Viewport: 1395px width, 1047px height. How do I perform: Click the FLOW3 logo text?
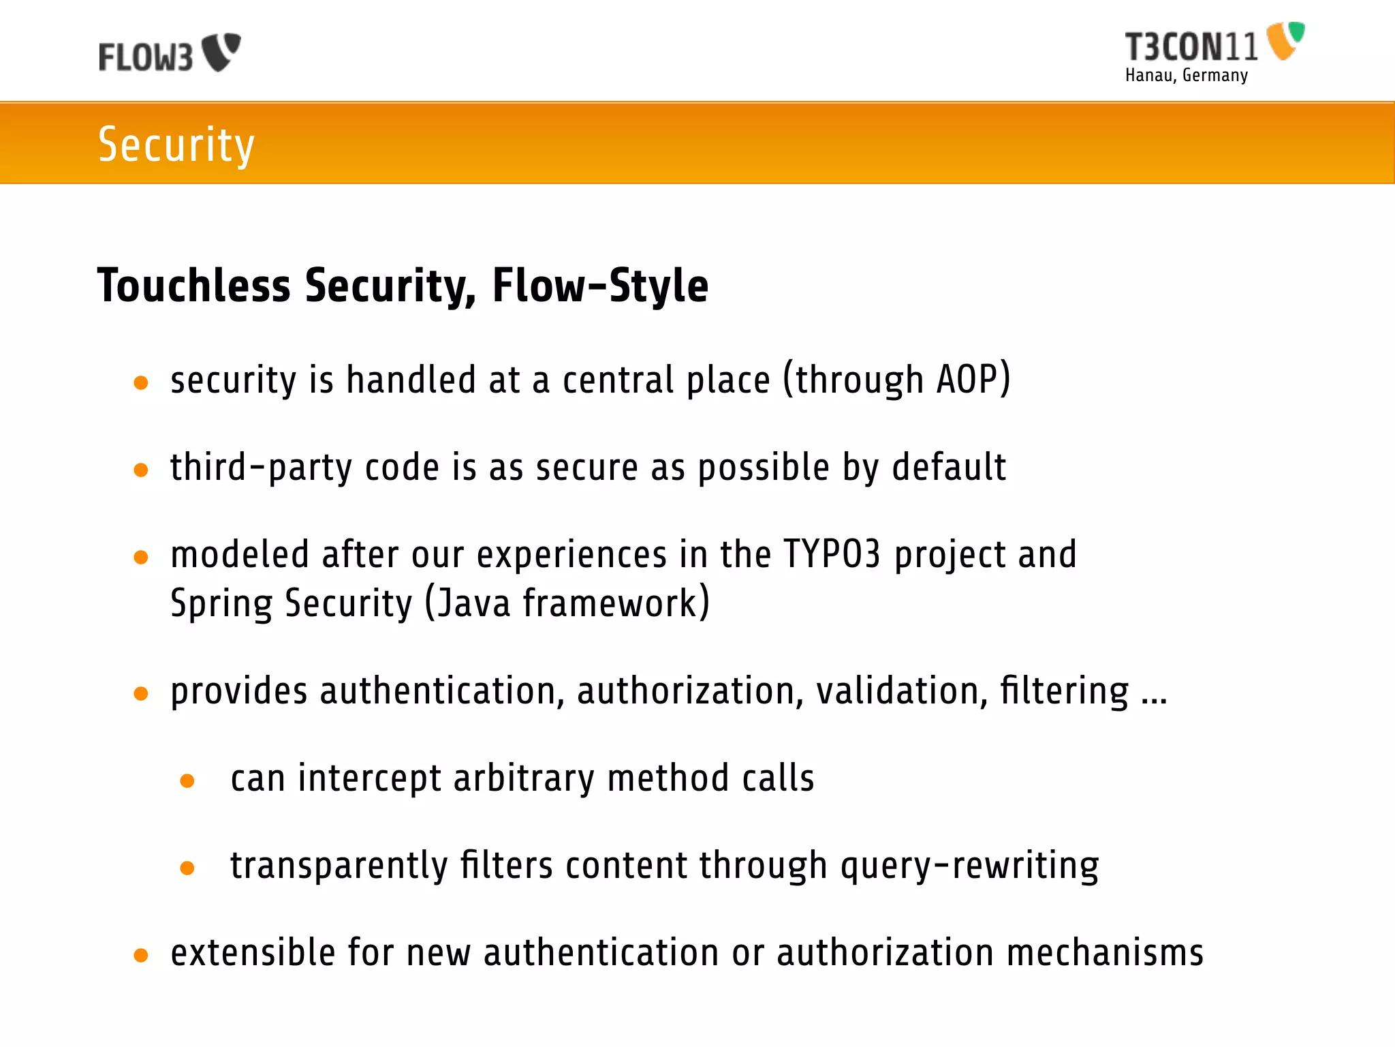coord(146,57)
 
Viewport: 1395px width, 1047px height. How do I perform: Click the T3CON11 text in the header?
coord(1191,47)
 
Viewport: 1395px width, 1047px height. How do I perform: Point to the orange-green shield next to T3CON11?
coord(1285,40)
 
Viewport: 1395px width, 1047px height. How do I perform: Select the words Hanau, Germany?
coord(1186,75)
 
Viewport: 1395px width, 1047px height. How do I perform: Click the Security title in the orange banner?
coord(176,145)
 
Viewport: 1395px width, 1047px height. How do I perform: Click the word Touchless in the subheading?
coord(194,286)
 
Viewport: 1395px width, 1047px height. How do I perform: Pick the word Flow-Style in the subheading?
coord(599,286)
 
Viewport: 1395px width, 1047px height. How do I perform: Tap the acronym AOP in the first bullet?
coord(967,380)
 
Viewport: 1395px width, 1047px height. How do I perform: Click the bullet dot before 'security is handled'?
coord(141,383)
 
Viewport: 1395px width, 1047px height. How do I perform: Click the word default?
coord(949,468)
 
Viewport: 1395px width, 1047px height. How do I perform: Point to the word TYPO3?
coord(832,554)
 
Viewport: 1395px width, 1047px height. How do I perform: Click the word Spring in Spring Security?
coord(221,605)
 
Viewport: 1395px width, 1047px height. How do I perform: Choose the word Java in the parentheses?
coord(473,604)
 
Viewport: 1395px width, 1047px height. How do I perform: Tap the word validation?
coord(902,691)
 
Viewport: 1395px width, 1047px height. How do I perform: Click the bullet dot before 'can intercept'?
coord(187,781)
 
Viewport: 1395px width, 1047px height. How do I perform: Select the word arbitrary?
coord(523,778)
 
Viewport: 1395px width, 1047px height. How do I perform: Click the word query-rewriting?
coord(969,866)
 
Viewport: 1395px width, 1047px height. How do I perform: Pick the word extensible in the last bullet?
coord(253,953)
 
